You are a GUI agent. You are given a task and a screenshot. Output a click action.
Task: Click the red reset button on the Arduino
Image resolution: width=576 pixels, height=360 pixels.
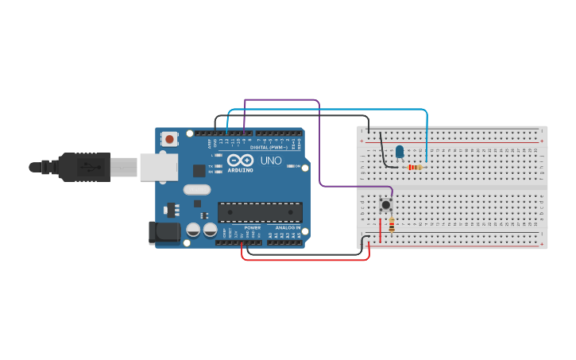(x=169, y=139)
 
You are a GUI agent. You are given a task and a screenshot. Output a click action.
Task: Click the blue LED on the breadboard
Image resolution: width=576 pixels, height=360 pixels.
(x=400, y=151)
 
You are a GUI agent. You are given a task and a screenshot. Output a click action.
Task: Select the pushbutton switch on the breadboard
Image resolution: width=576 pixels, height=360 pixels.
(x=386, y=204)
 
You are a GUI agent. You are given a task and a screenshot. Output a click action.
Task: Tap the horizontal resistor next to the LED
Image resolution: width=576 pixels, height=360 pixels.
(x=414, y=167)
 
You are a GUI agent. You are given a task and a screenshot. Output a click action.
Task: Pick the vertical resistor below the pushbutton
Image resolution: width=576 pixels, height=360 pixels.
(x=391, y=224)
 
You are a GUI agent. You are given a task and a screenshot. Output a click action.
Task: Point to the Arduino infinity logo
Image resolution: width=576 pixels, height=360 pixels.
(x=240, y=161)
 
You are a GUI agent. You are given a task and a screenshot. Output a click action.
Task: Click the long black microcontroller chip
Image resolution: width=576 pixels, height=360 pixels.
(x=260, y=212)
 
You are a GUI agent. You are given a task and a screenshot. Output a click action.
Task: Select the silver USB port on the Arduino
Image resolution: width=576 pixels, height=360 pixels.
(x=159, y=167)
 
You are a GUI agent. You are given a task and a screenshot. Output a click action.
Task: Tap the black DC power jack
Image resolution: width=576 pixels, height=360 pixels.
(x=164, y=233)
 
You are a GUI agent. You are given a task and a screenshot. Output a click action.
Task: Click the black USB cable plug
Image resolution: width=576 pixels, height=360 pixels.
(x=83, y=167)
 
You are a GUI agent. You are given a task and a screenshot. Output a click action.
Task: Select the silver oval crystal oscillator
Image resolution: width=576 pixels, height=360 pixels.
(x=196, y=189)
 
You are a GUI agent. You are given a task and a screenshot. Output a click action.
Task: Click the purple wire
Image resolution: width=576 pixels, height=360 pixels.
(x=319, y=143)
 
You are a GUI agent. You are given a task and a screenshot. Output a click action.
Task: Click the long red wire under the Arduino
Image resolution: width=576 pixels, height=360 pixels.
(x=306, y=260)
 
